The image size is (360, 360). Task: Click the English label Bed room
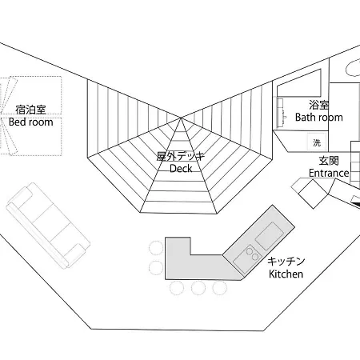coord(30,122)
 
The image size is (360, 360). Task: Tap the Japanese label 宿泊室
coord(30,110)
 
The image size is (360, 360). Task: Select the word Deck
coord(181,168)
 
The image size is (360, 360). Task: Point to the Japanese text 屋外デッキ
coord(181,156)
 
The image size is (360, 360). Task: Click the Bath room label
coord(319,117)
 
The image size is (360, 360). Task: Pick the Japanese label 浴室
coord(319,105)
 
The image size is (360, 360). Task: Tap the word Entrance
coord(329,173)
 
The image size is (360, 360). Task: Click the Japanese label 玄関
coord(329,161)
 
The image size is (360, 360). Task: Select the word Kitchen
coord(286,274)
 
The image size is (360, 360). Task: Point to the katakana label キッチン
coord(286,262)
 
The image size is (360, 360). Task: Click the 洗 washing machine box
coord(317,142)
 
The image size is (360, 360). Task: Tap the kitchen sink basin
coord(270,236)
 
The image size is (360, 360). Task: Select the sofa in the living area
coord(48,226)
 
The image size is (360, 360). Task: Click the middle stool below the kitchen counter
coord(198,288)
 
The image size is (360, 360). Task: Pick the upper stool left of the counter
coord(156,248)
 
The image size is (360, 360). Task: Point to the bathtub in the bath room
coord(298,83)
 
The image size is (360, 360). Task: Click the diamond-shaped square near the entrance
coord(313,194)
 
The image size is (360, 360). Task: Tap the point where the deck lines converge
coord(181,118)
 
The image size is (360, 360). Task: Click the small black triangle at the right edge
coord(358,204)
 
